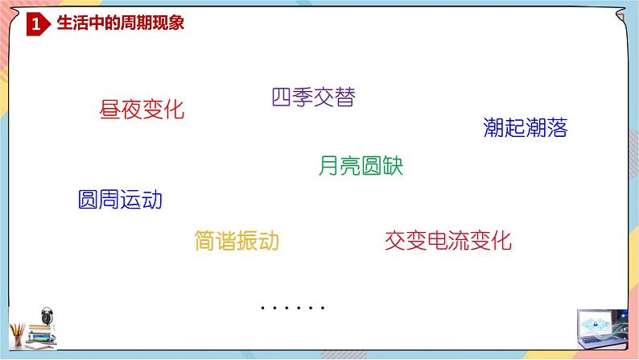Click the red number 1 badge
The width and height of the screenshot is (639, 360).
coord(35,25)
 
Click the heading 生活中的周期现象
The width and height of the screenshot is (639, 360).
coord(121,24)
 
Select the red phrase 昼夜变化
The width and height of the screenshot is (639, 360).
coord(142,110)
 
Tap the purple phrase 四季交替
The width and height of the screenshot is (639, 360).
coord(313,97)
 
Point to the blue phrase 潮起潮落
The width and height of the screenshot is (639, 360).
coord(526,127)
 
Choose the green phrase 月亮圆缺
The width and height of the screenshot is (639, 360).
coord(361,166)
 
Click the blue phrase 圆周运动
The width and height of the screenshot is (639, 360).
coord(120,200)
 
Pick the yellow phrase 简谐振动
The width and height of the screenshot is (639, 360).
coord(237,240)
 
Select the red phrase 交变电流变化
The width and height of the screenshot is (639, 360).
coord(448,240)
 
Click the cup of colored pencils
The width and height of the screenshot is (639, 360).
coord(18,333)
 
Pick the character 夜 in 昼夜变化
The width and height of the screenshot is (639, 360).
coord(131,110)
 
